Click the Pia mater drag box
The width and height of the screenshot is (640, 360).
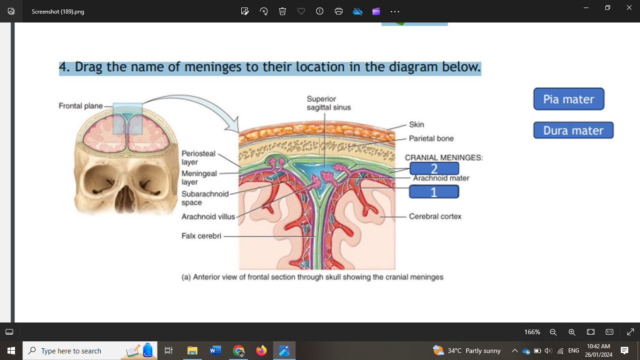pos(569,99)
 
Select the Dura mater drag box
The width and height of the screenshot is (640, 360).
pos(573,130)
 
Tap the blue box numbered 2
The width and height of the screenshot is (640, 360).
pos(434,169)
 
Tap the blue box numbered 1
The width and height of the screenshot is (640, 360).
pos(434,192)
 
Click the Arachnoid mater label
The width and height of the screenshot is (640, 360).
pos(441,178)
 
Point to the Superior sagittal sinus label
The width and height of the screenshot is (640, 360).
pos(328,103)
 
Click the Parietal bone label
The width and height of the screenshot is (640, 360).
pos(431,138)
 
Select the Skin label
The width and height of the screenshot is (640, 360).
pos(416,124)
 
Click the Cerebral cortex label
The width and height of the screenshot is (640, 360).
pos(435,216)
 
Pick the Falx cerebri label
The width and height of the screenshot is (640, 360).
pos(201,236)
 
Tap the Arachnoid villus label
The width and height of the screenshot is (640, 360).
pos(208,217)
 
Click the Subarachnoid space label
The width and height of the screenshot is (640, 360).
pos(205,198)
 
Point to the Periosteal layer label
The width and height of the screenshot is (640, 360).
pos(198,157)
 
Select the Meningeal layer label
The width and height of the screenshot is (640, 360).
pos(199,178)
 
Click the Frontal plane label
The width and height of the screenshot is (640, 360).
pos(81,106)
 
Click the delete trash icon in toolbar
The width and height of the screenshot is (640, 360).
pos(283,11)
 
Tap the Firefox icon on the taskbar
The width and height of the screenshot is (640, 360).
pos(261,351)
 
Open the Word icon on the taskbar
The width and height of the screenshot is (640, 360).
pos(216,351)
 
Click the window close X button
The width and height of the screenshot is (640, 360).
pos(629,7)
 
